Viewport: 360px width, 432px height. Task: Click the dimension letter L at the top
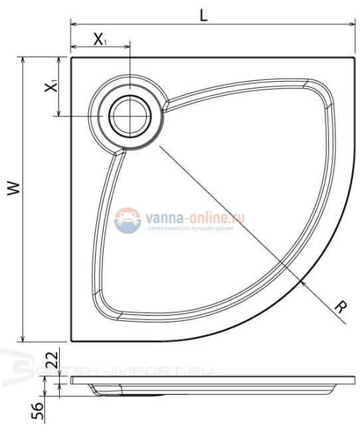[204, 14]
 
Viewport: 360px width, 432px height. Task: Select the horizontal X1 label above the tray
[101, 39]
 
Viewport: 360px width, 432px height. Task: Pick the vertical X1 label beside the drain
[51, 86]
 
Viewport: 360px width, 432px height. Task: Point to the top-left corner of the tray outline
[70, 57]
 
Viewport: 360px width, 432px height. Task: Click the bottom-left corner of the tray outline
[70, 341]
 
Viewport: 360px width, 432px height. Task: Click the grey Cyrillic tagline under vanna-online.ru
[189, 228]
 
